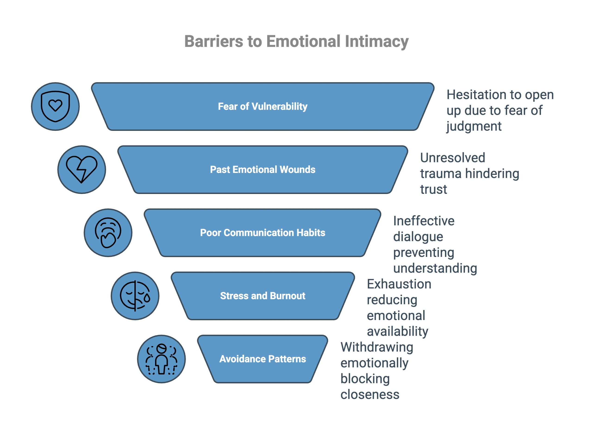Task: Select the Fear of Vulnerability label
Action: pos(262,106)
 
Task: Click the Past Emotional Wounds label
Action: pos(262,169)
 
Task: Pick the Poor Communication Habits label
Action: pos(262,233)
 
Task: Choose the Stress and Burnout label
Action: pos(262,296)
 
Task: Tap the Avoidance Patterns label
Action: pos(262,359)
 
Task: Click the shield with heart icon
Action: pos(55,106)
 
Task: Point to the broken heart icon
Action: pos(82,169)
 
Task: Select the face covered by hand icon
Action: pos(108,233)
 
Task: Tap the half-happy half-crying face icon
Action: pos(135,296)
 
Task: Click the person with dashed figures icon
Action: pos(161,359)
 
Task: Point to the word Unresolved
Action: pos(452,158)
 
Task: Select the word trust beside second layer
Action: pos(433,189)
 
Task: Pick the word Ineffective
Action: pos(423,221)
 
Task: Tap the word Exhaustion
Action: pos(399,284)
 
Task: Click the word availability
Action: pos(397,331)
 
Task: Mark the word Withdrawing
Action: pos(377,347)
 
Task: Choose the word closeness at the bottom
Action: pos(369,394)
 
